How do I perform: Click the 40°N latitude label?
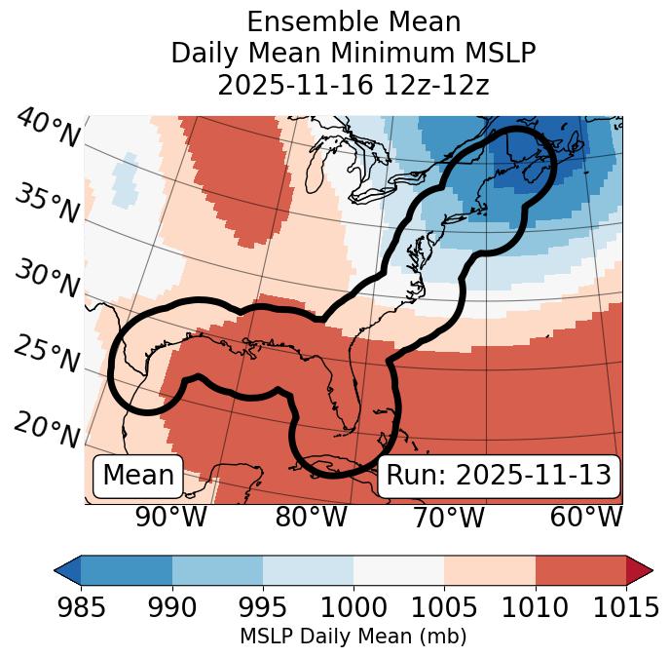(48, 130)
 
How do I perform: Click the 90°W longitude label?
(171, 518)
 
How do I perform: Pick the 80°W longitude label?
(311, 518)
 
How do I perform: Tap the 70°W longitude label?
(448, 518)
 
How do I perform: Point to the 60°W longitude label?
(586, 518)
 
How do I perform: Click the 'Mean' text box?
(138, 476)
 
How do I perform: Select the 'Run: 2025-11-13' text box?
(499, 476)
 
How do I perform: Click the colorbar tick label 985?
(80, 607)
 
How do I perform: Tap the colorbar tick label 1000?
(353, 607)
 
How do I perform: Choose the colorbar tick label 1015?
(626, 607)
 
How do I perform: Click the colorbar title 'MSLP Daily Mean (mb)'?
(353, 638)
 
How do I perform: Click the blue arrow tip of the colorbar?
(67, 570)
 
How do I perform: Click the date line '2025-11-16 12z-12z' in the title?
(353, 85)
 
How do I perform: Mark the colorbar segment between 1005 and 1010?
(489, 570)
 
